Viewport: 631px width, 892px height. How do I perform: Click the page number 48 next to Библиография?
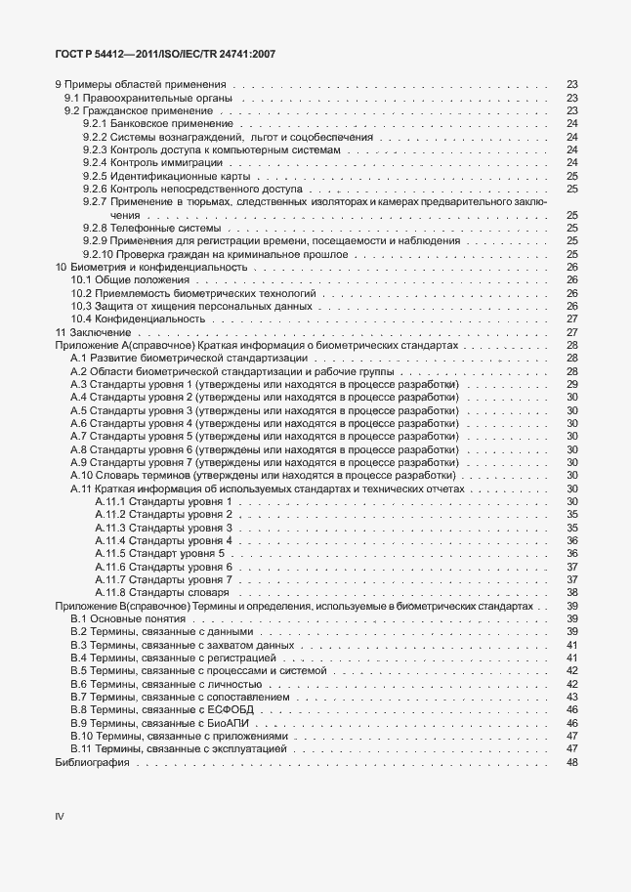pos(572,762)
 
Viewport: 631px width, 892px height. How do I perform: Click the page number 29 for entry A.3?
pos(572,385)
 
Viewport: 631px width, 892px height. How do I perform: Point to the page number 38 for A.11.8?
pos(572,592)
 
